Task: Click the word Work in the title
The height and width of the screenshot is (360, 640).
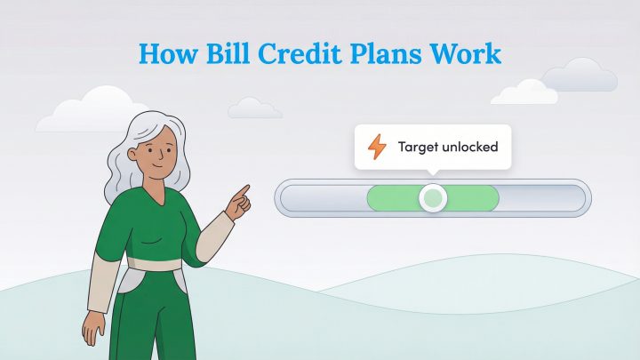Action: pos(470,52)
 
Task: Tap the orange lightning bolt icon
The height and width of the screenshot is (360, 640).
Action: pos(377,147)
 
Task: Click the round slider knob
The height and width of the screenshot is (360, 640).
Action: pos(433,197)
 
